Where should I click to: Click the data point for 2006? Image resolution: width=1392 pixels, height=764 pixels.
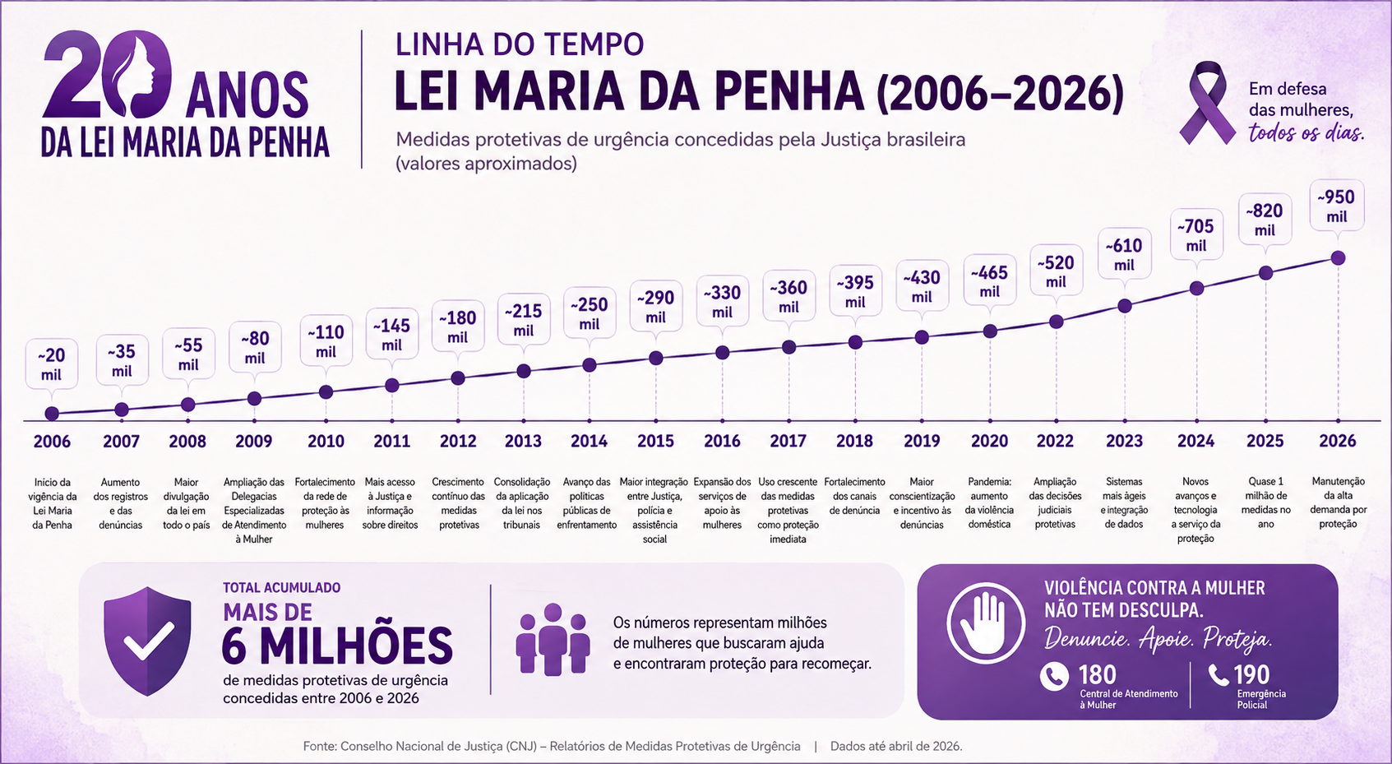coord(52,414)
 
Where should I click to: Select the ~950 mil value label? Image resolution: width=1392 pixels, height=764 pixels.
coord(1337,206)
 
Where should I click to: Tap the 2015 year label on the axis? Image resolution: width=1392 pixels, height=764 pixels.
coord(655,441)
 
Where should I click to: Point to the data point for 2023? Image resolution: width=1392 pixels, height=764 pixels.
coord(1124,306)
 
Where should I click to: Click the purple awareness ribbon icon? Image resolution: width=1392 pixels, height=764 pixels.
coord(1208,103)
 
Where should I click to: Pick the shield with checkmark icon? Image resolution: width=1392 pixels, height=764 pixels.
coord(147,641)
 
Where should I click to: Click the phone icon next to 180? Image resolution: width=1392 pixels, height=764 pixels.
coord(1054,676)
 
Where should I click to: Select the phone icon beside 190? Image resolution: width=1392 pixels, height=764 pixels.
coord(1219,674)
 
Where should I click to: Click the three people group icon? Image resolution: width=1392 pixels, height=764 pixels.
coord(553,639)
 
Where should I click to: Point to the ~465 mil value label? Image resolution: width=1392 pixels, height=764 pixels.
coord(989,281)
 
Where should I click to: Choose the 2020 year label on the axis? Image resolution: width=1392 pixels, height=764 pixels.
coord(989,441)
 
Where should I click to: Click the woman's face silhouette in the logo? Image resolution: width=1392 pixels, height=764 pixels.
coord(144,75)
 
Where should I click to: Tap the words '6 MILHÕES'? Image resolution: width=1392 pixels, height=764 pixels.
coord(337,646)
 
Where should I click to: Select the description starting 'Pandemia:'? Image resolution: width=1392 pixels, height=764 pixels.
coord(989,503)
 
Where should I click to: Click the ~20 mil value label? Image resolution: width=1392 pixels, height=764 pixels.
coord(52,364)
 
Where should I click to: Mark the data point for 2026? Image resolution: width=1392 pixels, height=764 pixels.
coord(1338,257)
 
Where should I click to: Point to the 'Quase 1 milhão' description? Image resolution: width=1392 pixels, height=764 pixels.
coord(1266,503)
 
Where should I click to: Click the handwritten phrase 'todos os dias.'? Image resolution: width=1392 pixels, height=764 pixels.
coord(1306,133)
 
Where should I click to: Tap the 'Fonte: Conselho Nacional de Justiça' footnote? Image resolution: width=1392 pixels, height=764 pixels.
coord(552,746)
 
